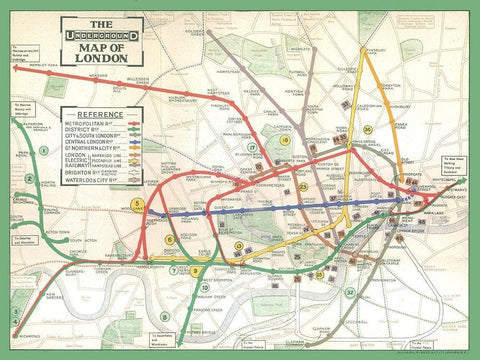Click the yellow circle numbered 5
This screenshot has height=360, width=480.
(x=138, y=204)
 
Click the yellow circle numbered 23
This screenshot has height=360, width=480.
(x=302, y=187)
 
